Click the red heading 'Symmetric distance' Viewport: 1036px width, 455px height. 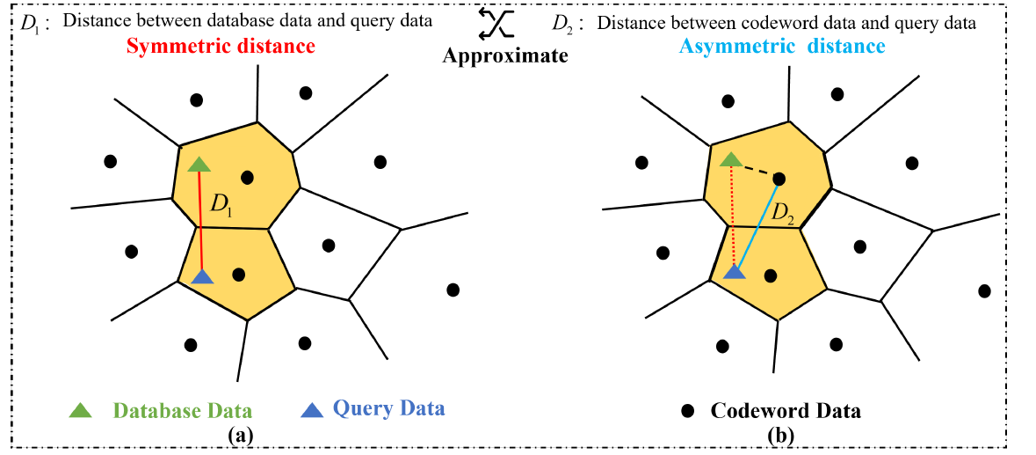coord(220,46)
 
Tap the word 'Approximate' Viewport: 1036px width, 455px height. coord(505,55)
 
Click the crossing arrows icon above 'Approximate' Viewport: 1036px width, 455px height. coord(495,22)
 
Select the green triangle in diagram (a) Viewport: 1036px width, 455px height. coord(199,164)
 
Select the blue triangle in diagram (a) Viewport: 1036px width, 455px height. coord(203,277)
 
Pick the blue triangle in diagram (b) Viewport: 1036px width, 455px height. coord(735,274)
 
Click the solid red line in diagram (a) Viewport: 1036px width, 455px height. coord(201,220)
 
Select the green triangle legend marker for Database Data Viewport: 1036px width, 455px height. coord(81,410)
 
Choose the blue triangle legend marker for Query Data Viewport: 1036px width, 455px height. coord(314,409)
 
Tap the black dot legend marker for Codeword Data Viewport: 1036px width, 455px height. coord(688,411)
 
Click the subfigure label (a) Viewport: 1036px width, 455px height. coord(240,434)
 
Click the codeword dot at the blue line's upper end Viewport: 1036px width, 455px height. coord(779,179)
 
